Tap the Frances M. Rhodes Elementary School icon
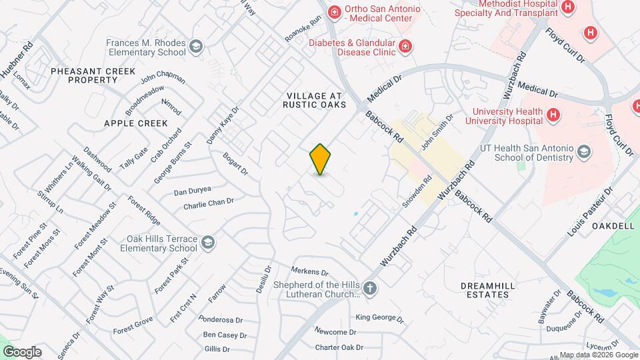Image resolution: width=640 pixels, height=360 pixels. point(196,47)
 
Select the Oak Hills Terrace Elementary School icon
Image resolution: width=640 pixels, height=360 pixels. point(207,242)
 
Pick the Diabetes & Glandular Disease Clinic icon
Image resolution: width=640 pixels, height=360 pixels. point(405,46)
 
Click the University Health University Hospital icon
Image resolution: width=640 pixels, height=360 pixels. point(552,115)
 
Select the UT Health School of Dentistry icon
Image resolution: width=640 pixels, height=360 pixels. point(585,151)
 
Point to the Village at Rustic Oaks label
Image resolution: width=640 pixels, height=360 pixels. point(315,100)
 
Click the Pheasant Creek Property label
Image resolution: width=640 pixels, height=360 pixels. point(93,75)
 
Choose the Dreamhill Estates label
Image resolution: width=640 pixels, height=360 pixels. point(489,289)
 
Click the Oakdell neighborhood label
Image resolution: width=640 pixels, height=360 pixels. point(613,226)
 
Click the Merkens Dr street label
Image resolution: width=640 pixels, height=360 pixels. point(310,272)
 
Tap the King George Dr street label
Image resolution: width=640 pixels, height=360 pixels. point(379,319)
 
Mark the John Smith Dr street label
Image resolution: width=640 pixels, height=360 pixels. point(437,131)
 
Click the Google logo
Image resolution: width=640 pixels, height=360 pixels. point(22,351)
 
